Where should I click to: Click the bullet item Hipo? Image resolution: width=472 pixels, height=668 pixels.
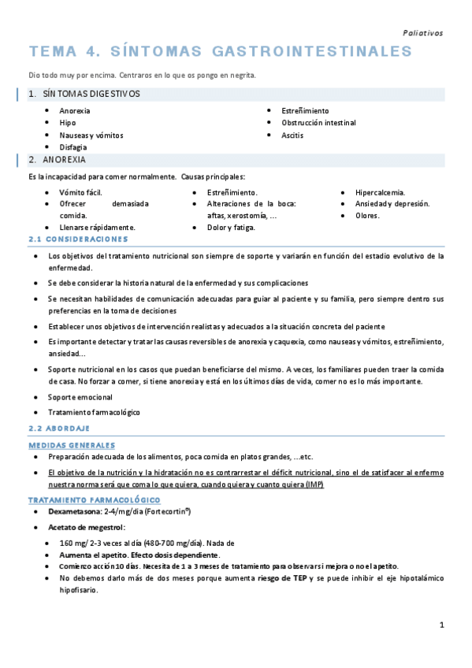point(68,123)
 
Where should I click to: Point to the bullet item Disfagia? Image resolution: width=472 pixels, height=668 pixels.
point(73,147)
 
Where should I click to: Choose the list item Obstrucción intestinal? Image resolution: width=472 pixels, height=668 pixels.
point(318,123)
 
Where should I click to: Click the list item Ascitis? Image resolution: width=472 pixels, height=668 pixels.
point(292,135)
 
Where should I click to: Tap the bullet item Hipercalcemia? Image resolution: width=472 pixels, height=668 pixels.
point(381,192)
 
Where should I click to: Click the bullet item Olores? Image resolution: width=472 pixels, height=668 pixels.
point(367,216)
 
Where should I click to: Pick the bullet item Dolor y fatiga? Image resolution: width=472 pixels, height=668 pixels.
point(231,228)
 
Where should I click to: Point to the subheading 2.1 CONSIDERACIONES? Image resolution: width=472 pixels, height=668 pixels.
point(77,239)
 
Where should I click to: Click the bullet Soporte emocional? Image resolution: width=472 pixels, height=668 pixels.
point(80,397)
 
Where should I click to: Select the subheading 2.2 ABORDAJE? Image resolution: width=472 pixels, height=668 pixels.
point(59,429)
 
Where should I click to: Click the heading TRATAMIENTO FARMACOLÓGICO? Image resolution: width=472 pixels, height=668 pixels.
point(94,500)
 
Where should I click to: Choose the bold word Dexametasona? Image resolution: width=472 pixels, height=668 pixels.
point(76,512)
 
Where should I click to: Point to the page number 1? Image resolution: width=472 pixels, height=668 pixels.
point(442,625)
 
